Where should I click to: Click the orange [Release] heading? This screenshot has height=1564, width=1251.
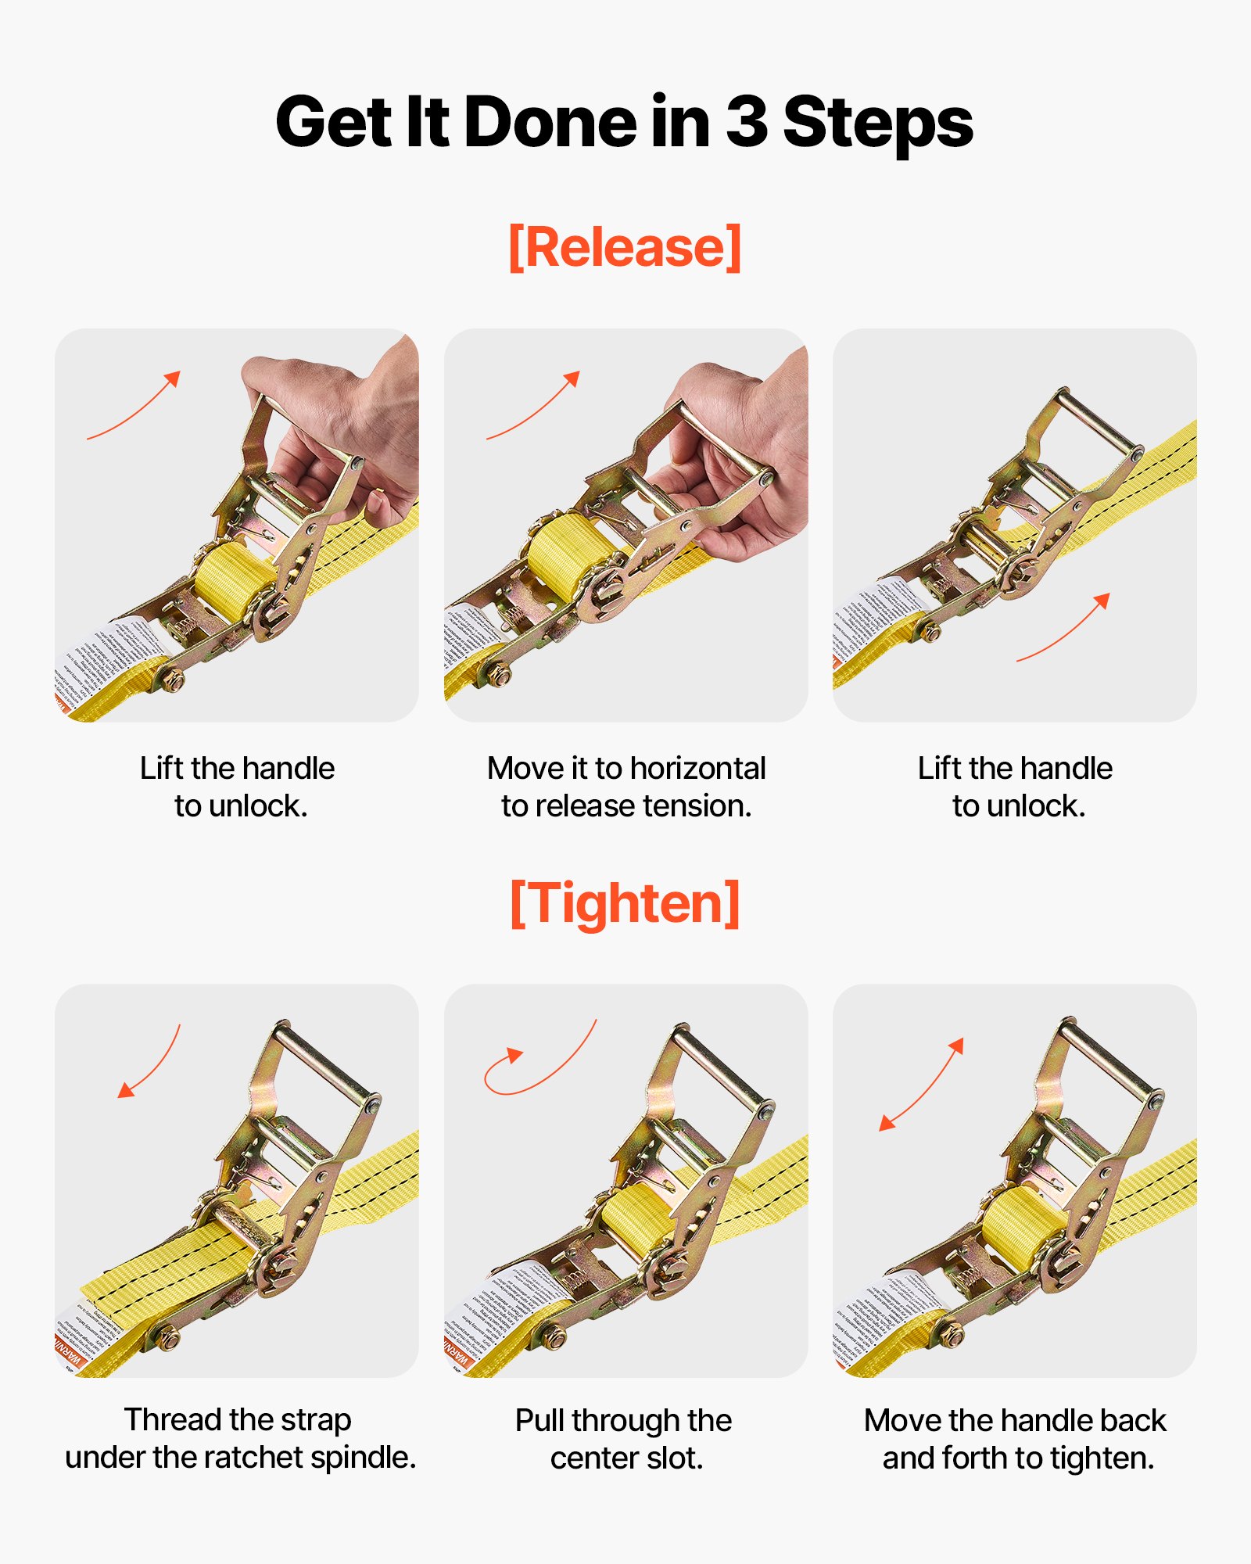coord(625,247)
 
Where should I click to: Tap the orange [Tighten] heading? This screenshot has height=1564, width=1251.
coord(625,903)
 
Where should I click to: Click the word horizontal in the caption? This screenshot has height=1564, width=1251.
coord(679,768)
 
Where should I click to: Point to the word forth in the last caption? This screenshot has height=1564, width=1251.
coord(976,1458)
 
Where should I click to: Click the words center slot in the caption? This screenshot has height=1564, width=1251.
coord(625,1458)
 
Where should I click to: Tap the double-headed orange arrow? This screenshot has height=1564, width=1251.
coord(921,1085)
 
